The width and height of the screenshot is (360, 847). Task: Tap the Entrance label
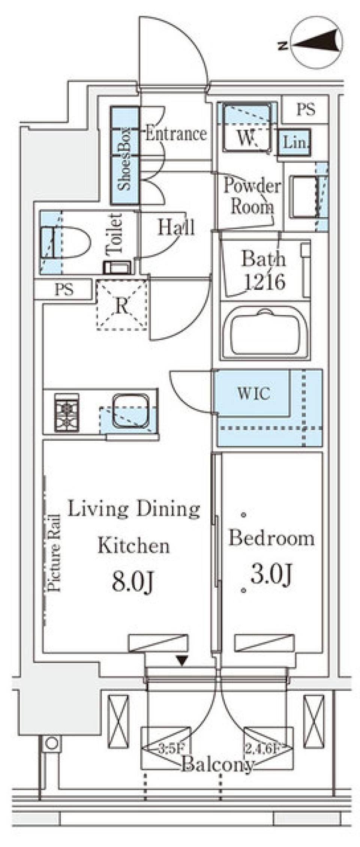click(x=176, y=134)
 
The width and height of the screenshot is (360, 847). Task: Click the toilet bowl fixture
click(x=66, y=242)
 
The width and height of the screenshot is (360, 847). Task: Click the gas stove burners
click(x=67, y=412)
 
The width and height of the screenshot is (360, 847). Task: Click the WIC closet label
click(x=253, y=393)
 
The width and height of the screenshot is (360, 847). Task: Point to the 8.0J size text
click(x=133, y=583)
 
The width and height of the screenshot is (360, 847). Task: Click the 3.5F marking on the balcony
click(x=171, y=749)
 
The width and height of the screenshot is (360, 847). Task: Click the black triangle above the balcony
click(x=182, y=661)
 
